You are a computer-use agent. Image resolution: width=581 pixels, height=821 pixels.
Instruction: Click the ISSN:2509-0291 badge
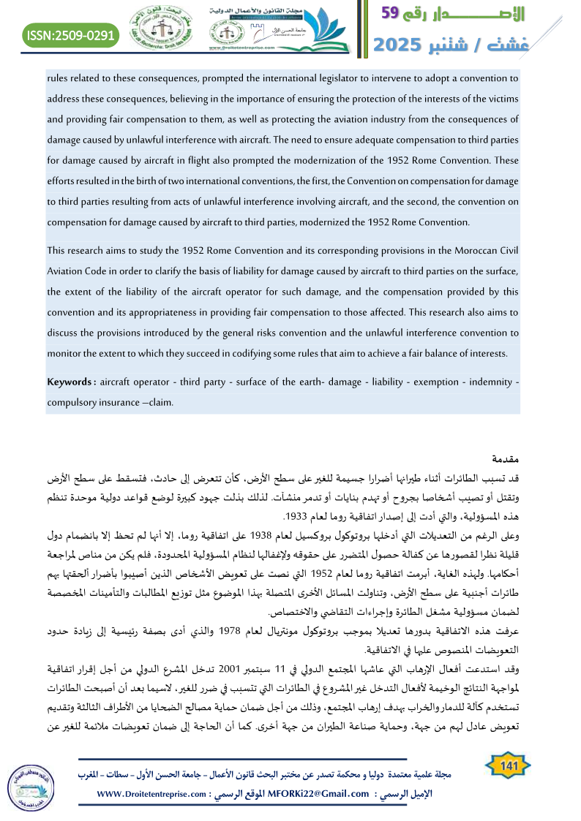[x=70, y=34]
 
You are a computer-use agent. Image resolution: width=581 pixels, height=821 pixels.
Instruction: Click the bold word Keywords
[x=70, y=382]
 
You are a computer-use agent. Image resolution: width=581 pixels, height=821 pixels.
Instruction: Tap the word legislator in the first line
[x=327, y=77]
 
